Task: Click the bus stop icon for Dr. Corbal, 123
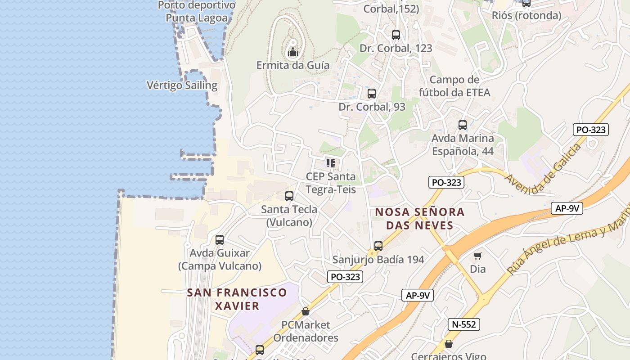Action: coord(396,35)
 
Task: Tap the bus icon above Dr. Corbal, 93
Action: coord(371,94)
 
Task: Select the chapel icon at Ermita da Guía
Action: coord(293,52)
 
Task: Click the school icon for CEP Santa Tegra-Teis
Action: coord(331,163)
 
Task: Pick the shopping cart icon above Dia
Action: coord(477,256)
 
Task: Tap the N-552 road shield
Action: coord(463,324)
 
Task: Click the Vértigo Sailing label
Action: coord(182,85)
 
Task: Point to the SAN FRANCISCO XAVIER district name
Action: coord(237,299)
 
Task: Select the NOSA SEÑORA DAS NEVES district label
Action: coord(420,218)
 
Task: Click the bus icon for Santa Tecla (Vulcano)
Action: coord(289,196)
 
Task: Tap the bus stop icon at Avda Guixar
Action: coord(219,239)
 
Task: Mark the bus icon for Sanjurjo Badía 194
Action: coord(378,246)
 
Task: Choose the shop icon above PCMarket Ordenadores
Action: coord(306,311)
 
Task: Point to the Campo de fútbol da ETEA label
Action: coord(454,86)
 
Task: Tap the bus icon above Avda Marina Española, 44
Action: coord(462,125)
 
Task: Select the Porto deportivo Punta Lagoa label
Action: coord(197,12)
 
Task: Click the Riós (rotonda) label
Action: coord(526,15)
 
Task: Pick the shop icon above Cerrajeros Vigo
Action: coord(448,344)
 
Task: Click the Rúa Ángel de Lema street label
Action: coord(567,243)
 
